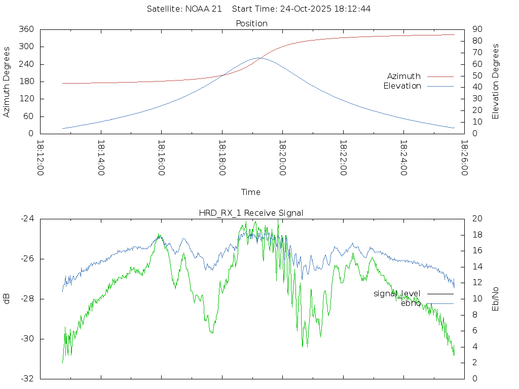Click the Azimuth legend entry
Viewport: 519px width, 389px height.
404,76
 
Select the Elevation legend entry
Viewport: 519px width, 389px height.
402,86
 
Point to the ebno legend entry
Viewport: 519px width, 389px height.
411,303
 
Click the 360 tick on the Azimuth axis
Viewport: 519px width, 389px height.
27,29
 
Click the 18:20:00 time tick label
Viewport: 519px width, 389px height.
282,158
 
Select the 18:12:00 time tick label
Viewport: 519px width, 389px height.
40,158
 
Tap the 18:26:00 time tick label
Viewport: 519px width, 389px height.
464,158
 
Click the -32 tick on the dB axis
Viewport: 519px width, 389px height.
27,378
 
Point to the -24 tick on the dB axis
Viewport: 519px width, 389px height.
27,219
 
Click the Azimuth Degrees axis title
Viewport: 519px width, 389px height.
7,82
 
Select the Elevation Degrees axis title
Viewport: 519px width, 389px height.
496,82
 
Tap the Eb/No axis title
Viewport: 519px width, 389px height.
496,298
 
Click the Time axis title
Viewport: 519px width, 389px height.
251,192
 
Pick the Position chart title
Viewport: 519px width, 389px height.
252,24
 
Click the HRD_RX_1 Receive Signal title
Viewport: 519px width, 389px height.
251,213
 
